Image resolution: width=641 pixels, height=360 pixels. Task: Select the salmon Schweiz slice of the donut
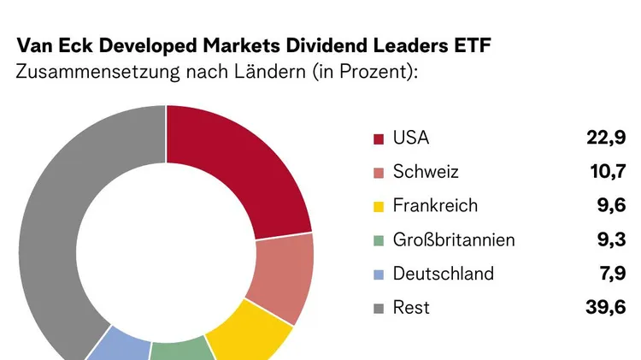click(x=285, y=274)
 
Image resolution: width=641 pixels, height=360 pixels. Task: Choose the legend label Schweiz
click(x=426, y=172)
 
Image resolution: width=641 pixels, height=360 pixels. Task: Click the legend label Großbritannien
click(x=453, y=240)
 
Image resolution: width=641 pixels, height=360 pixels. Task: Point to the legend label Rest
click(x=411, y=308)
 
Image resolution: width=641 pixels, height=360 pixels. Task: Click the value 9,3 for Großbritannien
click(x=614, y=240)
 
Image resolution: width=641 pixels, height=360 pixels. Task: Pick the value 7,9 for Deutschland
click(x=614, y=274)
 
